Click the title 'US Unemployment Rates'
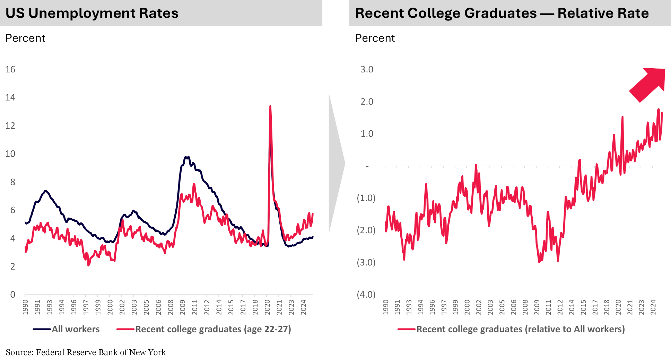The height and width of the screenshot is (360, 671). tap(92, 13)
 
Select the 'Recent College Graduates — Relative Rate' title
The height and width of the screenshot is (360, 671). tap(502, 13)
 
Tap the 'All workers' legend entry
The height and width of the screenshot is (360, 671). tap(75, 329)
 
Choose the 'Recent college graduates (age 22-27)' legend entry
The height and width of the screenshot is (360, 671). tap(213, 329)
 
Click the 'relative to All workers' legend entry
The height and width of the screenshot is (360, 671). tap(520, 329)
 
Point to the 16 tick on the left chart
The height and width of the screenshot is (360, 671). tap(10, 69)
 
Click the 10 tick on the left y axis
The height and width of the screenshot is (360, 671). tap(10, 154)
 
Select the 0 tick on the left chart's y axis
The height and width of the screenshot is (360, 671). tap(13, 295)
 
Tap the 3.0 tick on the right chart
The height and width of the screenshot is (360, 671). tap(367, 69)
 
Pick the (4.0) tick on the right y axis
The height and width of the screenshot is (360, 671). tap(366, 295)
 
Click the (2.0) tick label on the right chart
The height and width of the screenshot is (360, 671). tap(366, 230)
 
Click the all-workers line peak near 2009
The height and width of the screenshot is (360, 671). tap(186, 157)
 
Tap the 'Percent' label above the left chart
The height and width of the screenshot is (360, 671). tap(25, 38)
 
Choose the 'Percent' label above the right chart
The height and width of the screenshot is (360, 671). tap(375, 38)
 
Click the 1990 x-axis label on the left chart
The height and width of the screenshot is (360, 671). tap(25, 307)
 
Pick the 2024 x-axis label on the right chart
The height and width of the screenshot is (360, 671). tap(653, 307)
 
